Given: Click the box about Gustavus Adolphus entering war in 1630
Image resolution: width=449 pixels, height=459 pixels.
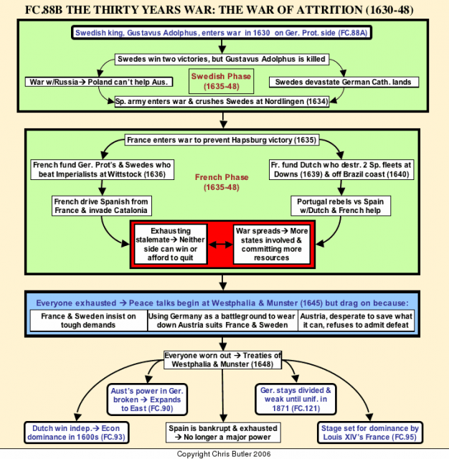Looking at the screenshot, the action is tap(222, 33).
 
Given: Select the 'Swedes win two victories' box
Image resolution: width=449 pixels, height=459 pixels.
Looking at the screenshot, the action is tap(222, 59).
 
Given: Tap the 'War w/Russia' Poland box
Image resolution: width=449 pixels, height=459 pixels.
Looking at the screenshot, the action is tap(99, 82).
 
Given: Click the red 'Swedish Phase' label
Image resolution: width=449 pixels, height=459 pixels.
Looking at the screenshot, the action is tap(222, 81).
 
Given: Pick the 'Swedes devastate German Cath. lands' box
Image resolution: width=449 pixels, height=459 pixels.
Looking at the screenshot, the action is tap(344, 82).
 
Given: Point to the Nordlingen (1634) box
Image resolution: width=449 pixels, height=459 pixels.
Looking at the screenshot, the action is tap(222, 102).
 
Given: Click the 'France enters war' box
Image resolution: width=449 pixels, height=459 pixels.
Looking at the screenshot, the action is tap(222, 140).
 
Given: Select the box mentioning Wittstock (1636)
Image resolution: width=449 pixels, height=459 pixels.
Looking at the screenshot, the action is tap(102, 169).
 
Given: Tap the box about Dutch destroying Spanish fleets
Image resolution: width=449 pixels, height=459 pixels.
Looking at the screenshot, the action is tap(341, 169).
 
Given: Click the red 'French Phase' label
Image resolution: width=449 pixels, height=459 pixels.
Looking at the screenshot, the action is tap(222, 182).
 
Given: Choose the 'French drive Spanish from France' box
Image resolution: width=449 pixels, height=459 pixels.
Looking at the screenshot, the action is tap(102, 206).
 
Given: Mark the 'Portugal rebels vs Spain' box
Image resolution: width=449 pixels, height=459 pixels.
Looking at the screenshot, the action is tap(341, 206).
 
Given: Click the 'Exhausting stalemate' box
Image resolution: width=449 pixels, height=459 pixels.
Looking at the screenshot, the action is tap(171, 245).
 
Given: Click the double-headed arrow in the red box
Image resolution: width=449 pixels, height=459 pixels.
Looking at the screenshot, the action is tap(220, 245).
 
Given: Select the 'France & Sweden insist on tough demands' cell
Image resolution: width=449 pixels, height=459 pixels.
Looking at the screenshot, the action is tap(89, 321).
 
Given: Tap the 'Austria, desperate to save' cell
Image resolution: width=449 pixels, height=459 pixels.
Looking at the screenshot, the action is tap(356, 321).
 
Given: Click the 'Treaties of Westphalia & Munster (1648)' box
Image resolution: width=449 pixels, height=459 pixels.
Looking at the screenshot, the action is tap(222, 360).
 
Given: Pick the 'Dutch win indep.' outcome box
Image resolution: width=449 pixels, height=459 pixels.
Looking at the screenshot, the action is tap(77, 432).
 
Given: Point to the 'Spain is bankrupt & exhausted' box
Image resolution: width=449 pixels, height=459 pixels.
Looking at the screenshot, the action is tap(223, 432).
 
